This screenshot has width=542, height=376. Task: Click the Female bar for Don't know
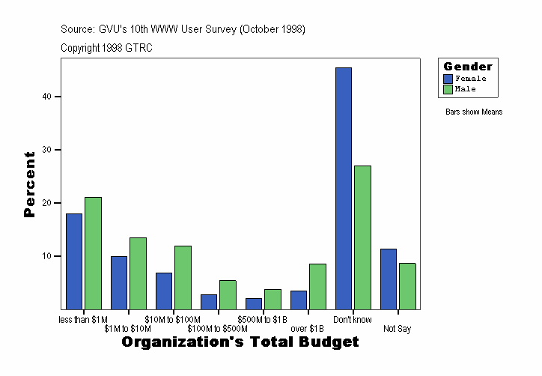point(344,188)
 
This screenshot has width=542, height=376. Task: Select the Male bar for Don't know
point(362,237)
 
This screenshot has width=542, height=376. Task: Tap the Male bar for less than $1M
point(93,253)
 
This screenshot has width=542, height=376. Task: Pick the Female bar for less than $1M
point(74,261)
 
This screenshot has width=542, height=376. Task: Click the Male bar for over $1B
point(317,286)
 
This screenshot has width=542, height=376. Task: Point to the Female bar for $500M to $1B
point(254,303)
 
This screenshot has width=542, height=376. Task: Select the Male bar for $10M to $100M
point(183,277)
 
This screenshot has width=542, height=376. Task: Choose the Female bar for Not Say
point(389,279)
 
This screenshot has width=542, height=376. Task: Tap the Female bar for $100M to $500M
point(209,301)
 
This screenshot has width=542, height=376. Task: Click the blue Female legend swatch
point(448,79)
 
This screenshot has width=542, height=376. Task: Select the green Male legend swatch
point(448,89)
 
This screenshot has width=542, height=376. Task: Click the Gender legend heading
point(468,67)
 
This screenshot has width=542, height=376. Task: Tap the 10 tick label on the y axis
point(46,256)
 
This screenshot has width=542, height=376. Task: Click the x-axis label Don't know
point(352,320)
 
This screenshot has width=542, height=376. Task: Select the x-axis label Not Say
point(397,329)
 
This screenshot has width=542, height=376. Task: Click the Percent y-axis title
point(30,184)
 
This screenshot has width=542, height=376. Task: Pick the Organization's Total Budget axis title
point(240,342)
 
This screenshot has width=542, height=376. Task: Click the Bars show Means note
point(474,112)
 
